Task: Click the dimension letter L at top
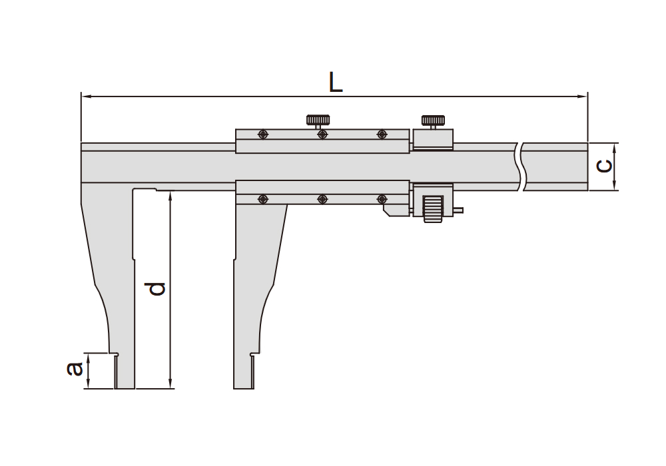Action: pyautogui.click(x=336, y=82)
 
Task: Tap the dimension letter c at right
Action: pyautogui.click(x=604, y=166)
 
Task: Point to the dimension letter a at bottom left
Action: pyautogui.click(x=75, y=369)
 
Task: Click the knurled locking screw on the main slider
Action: pyautogui.click(x=318, y=122)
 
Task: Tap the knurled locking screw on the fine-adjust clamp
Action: pyautogui.click(x=433, y=122)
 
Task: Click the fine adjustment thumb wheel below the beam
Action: pyautogui.click(x=433, y=209)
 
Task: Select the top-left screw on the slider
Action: pyautogui.click(x=263, y=134)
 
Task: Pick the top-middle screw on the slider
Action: pyautogui.click(x=322, y=134)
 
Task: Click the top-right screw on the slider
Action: pyautogui.click(x=382, y=134)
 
